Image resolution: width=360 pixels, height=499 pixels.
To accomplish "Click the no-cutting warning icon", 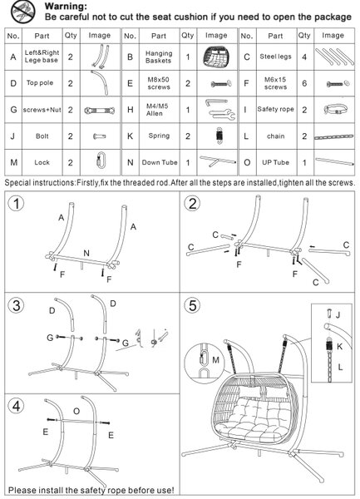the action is pyautogui.click(x=23, y=12).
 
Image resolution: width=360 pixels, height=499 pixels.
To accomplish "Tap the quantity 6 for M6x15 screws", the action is pyautogui.click(x=304, y=83).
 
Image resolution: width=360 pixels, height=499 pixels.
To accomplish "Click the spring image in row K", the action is pyautogui.click(x=219, y=136).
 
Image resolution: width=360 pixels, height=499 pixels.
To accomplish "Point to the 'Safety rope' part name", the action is pyautogui.click(x=275, y=109).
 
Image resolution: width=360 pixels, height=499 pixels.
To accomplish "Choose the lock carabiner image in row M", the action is pyautogui.click(x=101, y=160).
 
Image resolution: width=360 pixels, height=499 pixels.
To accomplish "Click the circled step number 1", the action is pyautogui.click(x=16, y=204).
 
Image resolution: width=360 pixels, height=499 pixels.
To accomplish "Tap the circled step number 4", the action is pyautogui.click(x=16, y=406).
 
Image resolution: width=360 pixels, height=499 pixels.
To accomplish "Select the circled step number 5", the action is pyautogui.click(x=193, y=305).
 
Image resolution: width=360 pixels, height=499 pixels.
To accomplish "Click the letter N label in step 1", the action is pyautogui.click(x=86, y=254).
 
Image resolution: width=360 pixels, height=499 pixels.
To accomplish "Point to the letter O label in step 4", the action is pyautogui.click(x=76, y=411).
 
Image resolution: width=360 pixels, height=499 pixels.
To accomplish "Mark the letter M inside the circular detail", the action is pyautogui.click(x=215, y=360).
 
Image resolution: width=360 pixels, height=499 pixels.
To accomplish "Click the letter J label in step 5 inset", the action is pyautogui.click(x=338, y=314).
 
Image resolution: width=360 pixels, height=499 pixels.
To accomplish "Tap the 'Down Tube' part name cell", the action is pyautogui.click(x=160, y=162).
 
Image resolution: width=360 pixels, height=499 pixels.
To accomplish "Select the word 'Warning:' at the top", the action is pyautogui.click(x=66, y=6).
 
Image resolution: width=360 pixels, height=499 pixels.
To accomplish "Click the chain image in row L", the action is pyautogui.click(x=333, y=137).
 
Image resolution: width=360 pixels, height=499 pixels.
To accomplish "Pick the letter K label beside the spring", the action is pyautogui.click(x=340, y=346).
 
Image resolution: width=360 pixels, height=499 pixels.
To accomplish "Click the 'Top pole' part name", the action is pyautogui.click(x=40, y=82).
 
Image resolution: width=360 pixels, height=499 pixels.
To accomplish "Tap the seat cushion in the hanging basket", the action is pyautogui.click(x=254, y=413).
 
